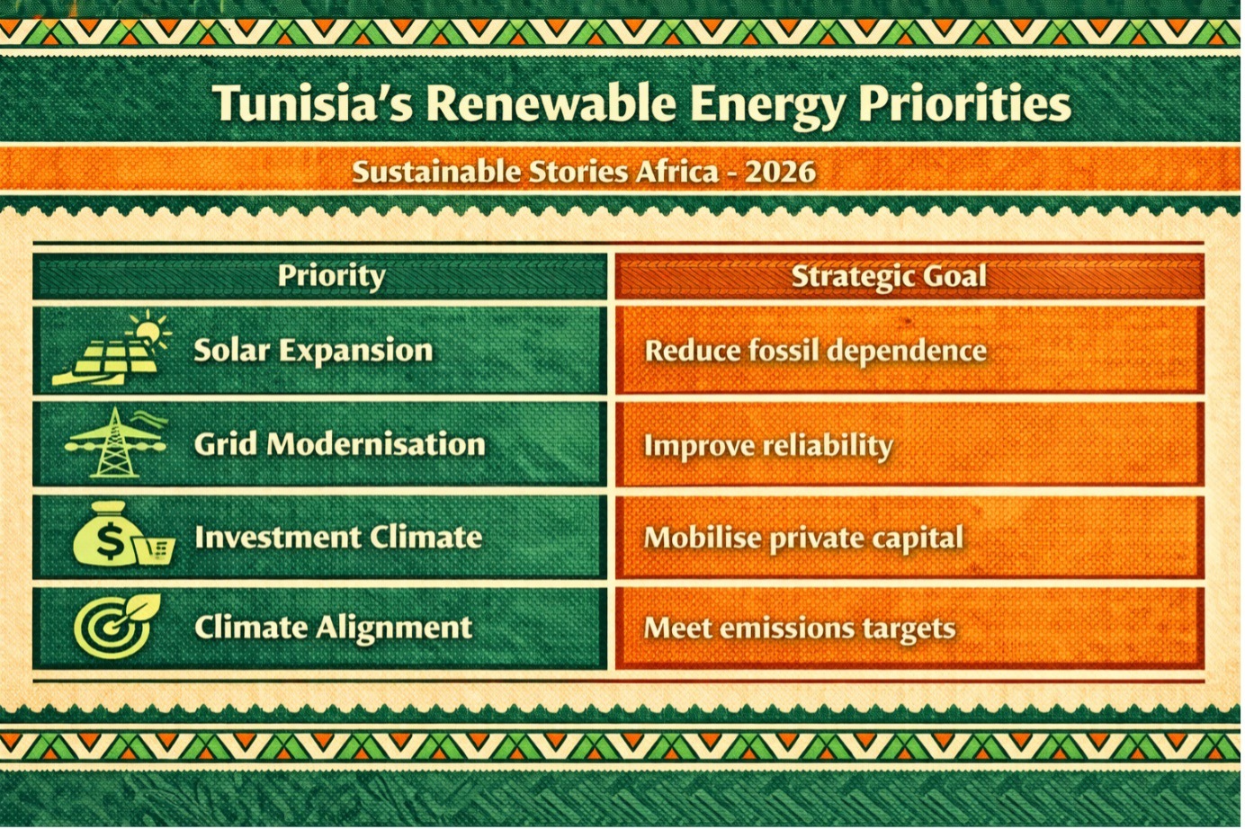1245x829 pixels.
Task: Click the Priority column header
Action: click(x=331, y=275)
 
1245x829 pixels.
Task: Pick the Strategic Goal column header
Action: click(x=889, y=276)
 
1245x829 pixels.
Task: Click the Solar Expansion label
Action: click(x=313, y=350)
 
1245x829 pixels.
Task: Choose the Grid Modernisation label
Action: click(x=339, y=443)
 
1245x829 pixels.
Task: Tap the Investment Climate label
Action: click(x=338, y=537)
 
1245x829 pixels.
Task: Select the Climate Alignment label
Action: click(x=333, y=627)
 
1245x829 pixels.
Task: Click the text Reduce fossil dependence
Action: click(x=815, y=351)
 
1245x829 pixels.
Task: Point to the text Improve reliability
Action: click(x=768, y=445)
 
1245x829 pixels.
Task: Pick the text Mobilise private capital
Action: click(x=803, y=539)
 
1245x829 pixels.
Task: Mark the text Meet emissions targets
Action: click(x=799, y=628)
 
